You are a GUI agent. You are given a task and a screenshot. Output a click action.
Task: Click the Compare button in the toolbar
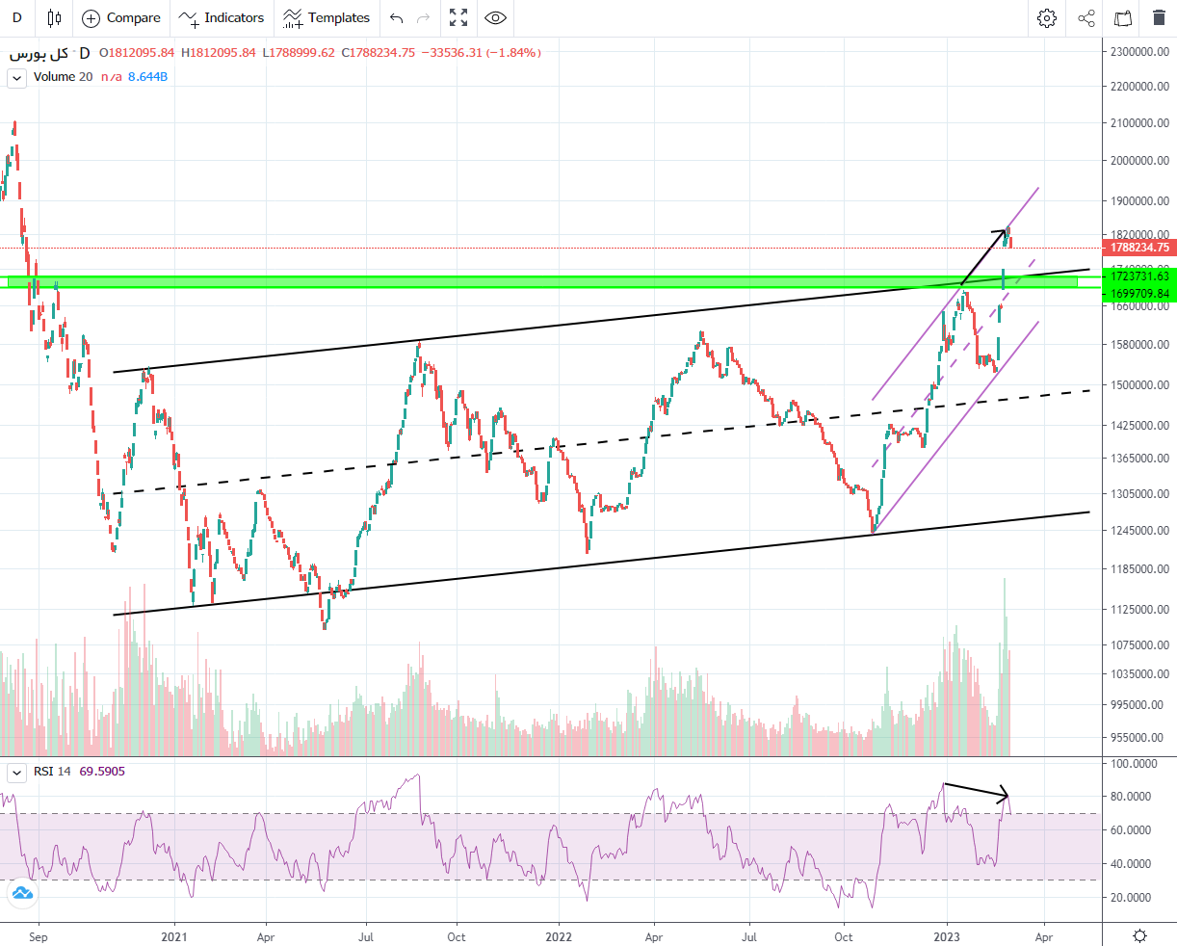121,17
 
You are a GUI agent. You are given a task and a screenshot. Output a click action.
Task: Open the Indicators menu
222,17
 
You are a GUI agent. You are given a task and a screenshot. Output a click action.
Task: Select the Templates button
327,17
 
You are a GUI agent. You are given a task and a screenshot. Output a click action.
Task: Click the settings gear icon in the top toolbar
1047,17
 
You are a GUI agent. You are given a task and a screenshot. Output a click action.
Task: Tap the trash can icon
1159,17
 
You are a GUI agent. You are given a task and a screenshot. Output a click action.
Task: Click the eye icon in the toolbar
495,17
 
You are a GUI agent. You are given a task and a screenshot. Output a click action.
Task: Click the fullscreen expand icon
458,17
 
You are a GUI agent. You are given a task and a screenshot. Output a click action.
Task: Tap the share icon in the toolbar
1085,17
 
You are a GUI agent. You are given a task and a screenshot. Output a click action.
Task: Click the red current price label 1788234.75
1139,248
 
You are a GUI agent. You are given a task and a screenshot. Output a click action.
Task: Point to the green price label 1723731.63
1139,276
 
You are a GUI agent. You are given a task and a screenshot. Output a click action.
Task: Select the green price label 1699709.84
1139,294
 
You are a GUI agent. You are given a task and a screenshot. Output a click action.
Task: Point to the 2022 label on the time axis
559,936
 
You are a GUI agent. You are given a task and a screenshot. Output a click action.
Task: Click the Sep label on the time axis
38,936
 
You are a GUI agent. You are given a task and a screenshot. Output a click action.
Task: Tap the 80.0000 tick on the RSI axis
1135,797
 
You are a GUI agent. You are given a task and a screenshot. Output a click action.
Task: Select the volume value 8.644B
148,77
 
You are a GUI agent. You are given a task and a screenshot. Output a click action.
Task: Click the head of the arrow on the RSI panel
1007,797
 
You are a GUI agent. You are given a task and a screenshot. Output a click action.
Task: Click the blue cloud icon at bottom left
21,894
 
